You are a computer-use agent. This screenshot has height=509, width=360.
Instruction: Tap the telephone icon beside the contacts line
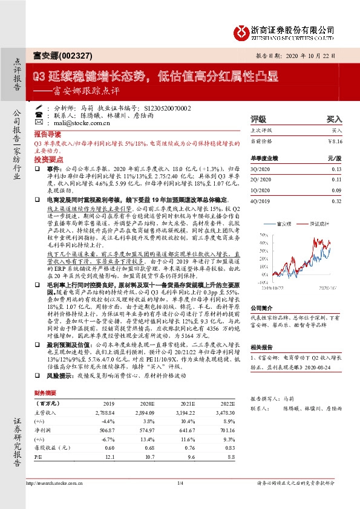pyautogui.click(x=39, y=114)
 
